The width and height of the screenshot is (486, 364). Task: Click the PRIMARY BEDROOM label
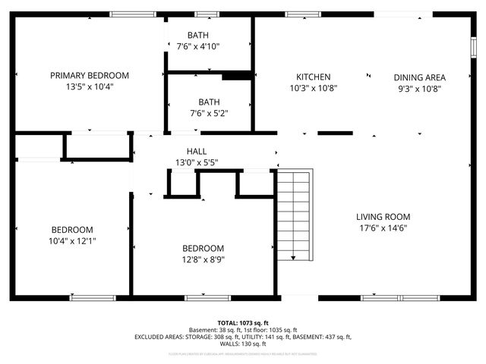tap(90, 76)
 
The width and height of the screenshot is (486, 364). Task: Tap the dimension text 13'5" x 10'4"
tap(90, 87)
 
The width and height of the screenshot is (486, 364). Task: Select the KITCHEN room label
tap(313, 77)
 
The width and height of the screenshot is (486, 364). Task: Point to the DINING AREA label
tap(419, 77)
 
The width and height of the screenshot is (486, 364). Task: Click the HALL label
tap(197, 152)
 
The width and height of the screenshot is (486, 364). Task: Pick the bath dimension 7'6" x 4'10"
tap(197, 47)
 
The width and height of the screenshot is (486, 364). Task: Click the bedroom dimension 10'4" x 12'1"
tap(72, 241)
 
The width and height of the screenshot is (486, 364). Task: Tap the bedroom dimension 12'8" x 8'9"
tap(203, 259)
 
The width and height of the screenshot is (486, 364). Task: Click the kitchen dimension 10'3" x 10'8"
tap(313, 88)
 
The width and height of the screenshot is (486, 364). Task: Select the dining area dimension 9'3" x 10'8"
tap(419, 88)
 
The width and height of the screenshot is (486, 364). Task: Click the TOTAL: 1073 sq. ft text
tap(242, 322)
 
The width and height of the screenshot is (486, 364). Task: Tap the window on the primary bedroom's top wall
tap(133, 14)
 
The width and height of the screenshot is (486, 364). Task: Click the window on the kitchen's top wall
tap(298, 14)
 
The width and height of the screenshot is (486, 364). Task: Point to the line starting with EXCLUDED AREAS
tap(242, 337)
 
